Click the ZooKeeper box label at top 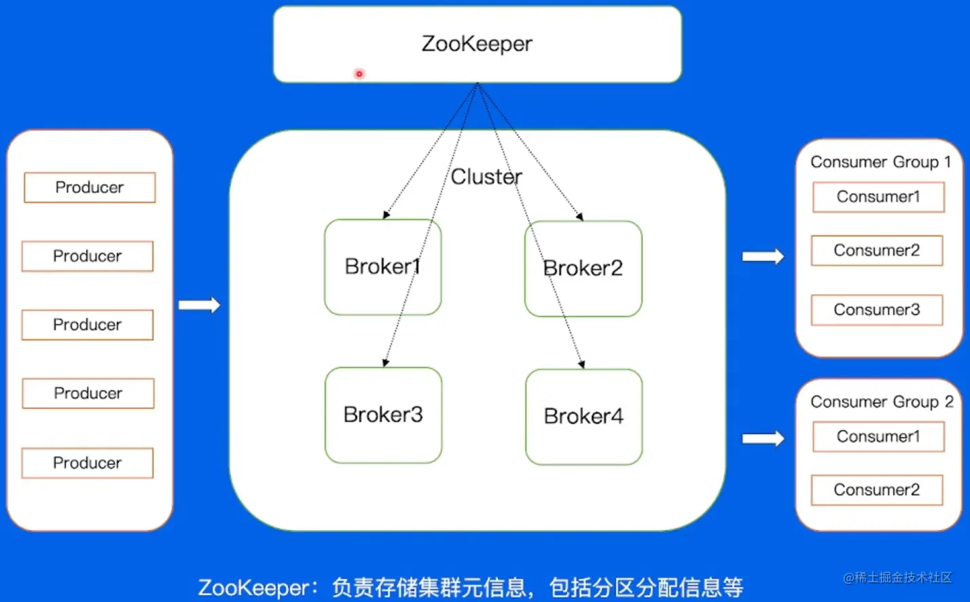pyautogui.click(x=477, y=43)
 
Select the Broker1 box pyautogui.click(x=382, y=266)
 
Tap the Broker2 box pyautogui.click(x=583, y=268)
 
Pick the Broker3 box pyautogui.click(x=383, y=414)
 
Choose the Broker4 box pyautogui.click(x=583, y=417)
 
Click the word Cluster pyautogui.click(x=486, y=177)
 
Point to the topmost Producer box pyautogui.click(x=90, y=188)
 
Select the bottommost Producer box pyautogui.click(x=88, y=463)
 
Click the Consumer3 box pyautogui.click(x=877, y=310)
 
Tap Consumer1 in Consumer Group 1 pyautogui.click(x=878, y=197)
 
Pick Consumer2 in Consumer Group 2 pyautogui.click(x=877, y=490)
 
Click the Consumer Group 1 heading pyautogui.click(x=880, y=162)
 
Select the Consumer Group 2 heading pyautogui.click(x=882, y=402)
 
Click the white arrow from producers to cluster pyautogui.click(x=200, y=305)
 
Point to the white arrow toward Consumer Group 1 pyautogui.click(x=763, y=257)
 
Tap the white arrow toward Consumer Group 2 pyautogui.click(x=763, y=438)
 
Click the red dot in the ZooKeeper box pyautogui.click(x=359, y=73)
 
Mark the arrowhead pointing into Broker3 pyautogui.click(x=385, y=363)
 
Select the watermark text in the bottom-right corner pyautogui.click(x=897, y=578)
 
